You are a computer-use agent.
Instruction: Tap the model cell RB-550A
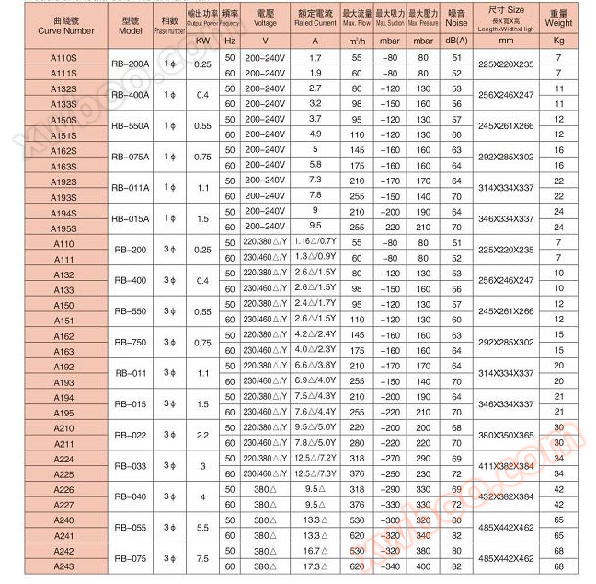coord(131,126)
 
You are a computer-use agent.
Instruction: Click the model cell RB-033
coord(131,466)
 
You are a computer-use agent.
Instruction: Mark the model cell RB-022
coord(131,436)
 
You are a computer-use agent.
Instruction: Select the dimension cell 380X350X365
coord(506,436)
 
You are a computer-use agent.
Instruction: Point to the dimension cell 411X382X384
coord(506,466)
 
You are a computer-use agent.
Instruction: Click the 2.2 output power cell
coord(202,436)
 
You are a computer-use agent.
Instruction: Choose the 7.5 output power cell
coord(202,559)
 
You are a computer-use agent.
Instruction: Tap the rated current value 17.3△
coord(315,566)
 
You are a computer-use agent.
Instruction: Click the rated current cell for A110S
coord(315,57)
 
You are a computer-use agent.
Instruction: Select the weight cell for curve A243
coord(558,566)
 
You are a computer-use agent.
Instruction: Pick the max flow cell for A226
coord(357,489)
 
